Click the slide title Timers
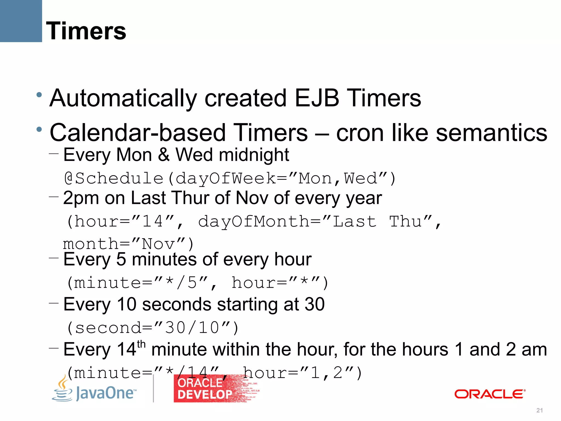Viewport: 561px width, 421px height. click(x=86, y=31)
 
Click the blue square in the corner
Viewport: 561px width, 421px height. click(x=21, y=21)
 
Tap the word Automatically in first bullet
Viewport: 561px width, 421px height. click(x=123, y=99)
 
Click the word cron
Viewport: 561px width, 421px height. click(x=360, y=133)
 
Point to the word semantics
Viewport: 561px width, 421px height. click(x=491, y=133)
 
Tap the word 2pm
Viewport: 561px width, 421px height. click(x=81, y=198)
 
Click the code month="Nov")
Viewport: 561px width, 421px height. click(x=128, y=244)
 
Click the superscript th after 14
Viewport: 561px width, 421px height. click(x=141, y=344)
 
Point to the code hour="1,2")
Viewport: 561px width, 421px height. click(x=302, y=373)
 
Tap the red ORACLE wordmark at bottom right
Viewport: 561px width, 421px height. click(x=490, y=394)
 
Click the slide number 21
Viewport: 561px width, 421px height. click(x=539, y=410)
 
